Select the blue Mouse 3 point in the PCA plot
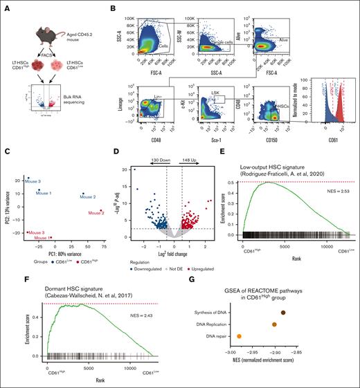(28, 178)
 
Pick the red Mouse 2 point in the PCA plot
(100, 211)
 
